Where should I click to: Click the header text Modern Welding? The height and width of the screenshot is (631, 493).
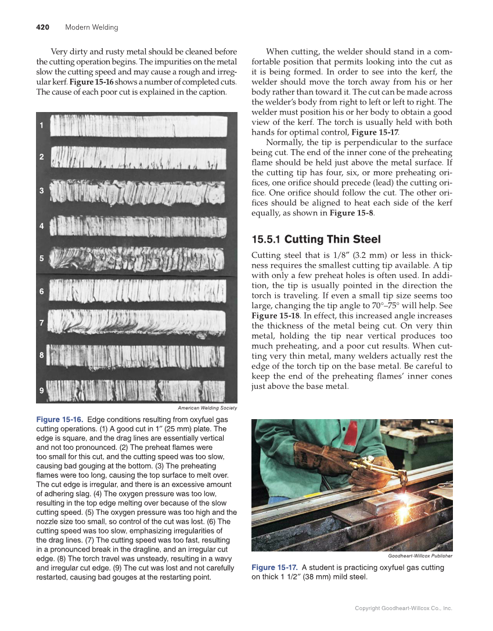pyautogui.click(x=91, y=27)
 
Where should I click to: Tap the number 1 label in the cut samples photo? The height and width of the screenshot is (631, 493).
pyautogui.click(x=41, y=126)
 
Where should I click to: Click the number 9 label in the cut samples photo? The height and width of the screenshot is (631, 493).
pyautogui.click(x=41, y=391)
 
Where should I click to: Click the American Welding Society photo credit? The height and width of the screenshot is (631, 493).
pyautogui.click(x=207, y=408)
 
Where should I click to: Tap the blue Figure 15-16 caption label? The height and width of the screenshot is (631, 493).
pyautogui.click(x=60, y=419)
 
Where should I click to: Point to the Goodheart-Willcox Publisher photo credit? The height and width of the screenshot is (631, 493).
pyautogui.click(x=420, y=556)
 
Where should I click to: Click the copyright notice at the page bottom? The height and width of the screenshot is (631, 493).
pyautogui.click(x=404, y=608)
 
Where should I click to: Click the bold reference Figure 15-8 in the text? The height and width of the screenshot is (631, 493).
pyautogui.click(x=351, y=213)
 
